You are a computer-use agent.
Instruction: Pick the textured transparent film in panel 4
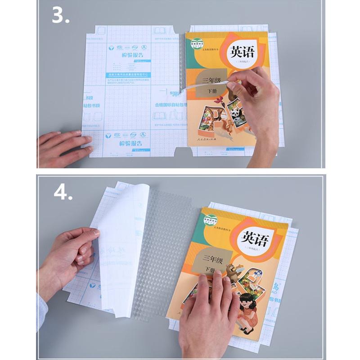pos(160,243)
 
